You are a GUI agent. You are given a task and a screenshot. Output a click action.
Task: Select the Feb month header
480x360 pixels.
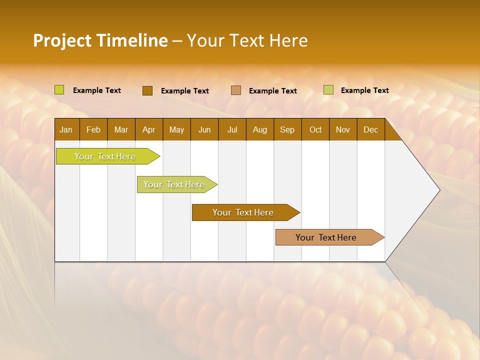[93, 129]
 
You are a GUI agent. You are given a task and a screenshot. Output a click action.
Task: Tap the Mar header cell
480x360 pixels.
[121, 129]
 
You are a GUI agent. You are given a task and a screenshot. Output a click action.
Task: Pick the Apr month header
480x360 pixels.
[149, 129]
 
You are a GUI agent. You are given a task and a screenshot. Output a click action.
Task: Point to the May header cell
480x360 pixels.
[176, 129]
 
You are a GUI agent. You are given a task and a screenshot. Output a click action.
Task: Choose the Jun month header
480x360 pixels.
[204, 129]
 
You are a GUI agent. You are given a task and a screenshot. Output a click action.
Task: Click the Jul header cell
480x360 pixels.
[232, 129]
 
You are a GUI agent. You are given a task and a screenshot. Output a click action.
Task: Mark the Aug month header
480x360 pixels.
[260, 129]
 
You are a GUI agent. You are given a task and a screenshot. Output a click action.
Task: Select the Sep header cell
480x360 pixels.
[287, 129]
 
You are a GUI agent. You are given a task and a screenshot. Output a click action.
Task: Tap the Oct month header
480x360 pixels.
[315, 129]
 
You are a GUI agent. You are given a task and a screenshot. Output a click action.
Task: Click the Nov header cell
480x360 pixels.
[343, 129]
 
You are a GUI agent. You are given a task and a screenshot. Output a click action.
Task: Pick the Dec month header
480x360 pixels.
[371, 129]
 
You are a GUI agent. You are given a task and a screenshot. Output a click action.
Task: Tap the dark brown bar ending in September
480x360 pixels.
[243, 212]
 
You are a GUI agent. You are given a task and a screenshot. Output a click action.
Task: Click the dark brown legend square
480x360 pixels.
[147, 90]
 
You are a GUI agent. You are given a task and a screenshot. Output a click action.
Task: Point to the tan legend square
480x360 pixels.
[236, 90]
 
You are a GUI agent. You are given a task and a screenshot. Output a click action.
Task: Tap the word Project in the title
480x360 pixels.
[62, 40]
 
